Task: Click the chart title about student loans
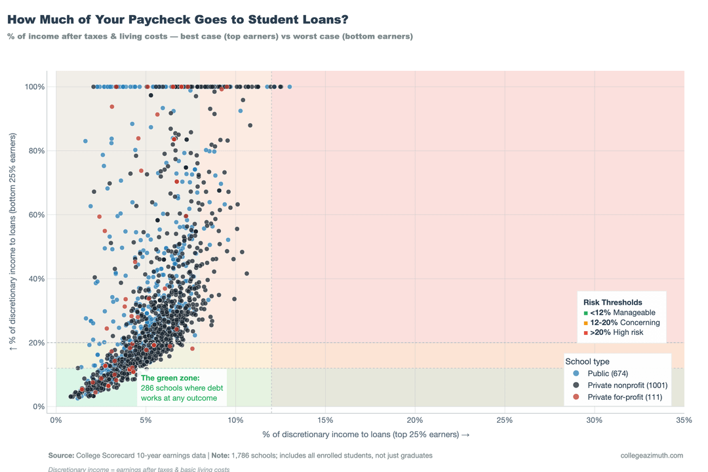[178, 20]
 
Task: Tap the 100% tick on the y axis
[35, 87]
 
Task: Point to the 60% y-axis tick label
[36, 215]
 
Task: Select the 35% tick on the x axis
[683, 420]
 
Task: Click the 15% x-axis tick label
[325, 420]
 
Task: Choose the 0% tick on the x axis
[56, 420]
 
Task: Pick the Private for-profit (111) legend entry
[625, 397]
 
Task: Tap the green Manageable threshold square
[585, 313]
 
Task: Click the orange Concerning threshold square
[585, 323]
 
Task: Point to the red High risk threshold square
[585, 333]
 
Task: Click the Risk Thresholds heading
[613, 302]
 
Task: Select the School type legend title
[587, 361]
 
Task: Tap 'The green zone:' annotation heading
[170, 378]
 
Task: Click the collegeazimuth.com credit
[652, 455]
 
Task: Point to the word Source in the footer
[61, 455]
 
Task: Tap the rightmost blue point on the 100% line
[289, 87]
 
